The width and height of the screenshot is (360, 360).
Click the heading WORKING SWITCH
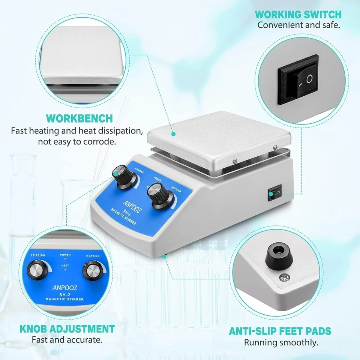pos(298,15)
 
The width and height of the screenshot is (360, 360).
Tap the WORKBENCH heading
pos(79,118)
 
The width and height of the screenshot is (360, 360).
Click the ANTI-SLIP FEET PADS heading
pos(280,331)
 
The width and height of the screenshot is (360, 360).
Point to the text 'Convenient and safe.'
pos(298,25)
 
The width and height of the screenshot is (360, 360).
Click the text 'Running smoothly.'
pos(281,342)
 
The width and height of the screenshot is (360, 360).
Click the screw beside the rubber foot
pos(283,278)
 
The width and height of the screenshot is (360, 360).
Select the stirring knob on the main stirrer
pos(123,175)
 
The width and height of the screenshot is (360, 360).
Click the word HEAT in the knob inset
pos(65,265)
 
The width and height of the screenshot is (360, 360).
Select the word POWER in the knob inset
pos(65,255)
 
